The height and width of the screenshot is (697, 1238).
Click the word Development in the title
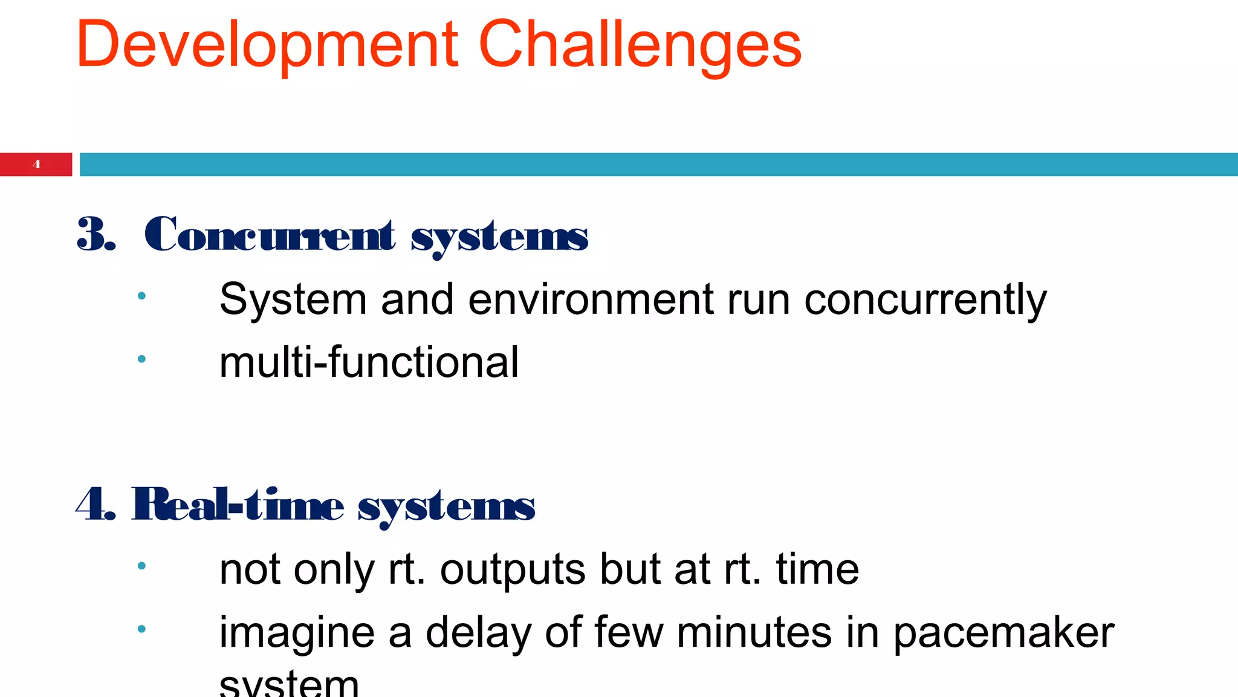pos(267,45)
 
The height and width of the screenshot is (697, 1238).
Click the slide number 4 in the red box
pos(37,165)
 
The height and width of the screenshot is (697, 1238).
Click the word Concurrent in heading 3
pos(270,235)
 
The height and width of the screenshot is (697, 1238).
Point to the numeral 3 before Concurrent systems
pos(92,235)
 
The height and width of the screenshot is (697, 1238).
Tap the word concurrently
pos(925,299)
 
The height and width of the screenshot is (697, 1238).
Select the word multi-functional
pos(369,362)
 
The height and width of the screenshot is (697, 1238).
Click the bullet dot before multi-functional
pos(141,359)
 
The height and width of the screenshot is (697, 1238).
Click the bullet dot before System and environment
pos(141,296)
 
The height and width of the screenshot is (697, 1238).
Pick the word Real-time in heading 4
pos(238,505)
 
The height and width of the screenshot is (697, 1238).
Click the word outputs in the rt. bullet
pos(513,569)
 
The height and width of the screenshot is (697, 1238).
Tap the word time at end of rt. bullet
pos(817,569)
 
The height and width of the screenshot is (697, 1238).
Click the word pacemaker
pos(1003,633)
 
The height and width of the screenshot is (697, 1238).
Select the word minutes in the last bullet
pos(753,633)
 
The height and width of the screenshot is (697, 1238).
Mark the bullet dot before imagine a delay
pos(141,629)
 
